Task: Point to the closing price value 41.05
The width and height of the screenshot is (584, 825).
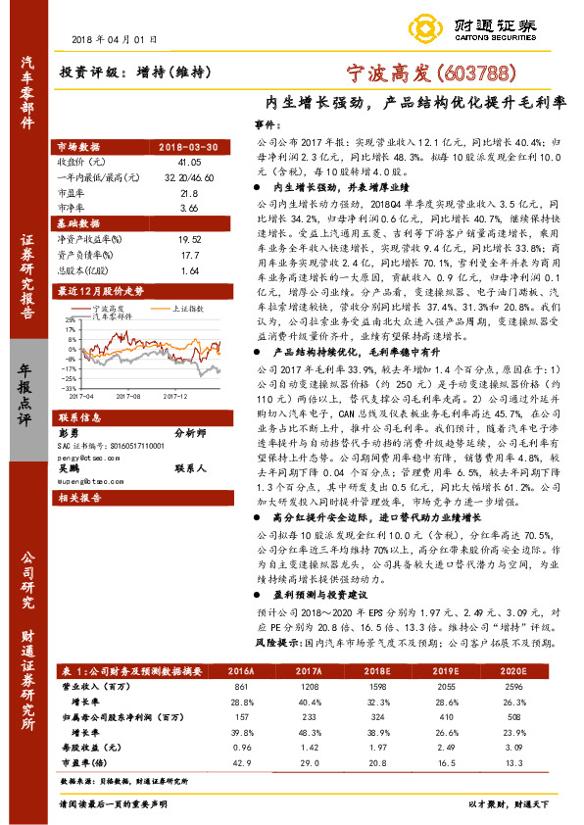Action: tap(189, 161)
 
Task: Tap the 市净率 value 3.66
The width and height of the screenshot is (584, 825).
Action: tap(189, 208)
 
